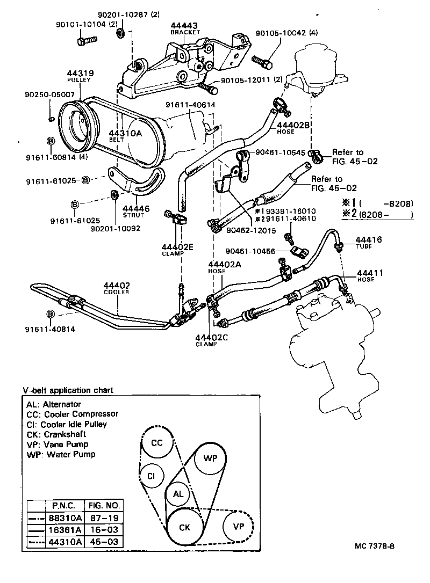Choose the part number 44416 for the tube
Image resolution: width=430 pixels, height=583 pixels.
pyautogui.click(x=368, y=239)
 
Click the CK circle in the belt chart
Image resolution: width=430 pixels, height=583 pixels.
pyautogui.click(x=184, y=527)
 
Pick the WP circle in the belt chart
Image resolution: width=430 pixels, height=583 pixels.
pyautogui.click(x=210, y=458)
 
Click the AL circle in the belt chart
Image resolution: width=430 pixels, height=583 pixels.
pyautogui.click(x=177, y=494)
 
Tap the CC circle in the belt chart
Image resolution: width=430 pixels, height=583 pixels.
pyautogui.click(x=156, y=443)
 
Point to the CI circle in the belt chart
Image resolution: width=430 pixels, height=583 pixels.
pyautogui.click(x=152, y=476)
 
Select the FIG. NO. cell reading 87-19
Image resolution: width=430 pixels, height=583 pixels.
pyautogui.click(x=105, y=519)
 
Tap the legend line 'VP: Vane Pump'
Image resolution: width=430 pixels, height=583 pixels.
pyautogui.click(x=56, y=444)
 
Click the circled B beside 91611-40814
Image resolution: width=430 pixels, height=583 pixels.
pyautogui.click(x=50, y=313)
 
